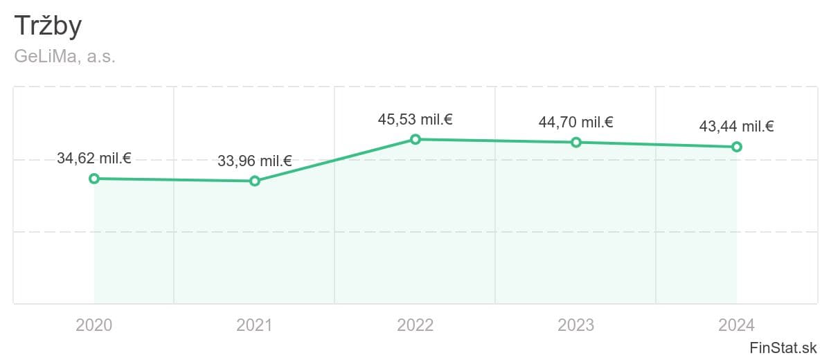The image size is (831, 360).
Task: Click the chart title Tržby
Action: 48,26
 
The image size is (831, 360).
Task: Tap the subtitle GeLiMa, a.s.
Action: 64,57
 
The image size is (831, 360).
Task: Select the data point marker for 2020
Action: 94,179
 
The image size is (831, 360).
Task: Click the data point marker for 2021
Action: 255,181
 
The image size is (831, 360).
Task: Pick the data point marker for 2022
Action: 415,139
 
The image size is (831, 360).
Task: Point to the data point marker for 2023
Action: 576,142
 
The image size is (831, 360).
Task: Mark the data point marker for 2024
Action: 737,147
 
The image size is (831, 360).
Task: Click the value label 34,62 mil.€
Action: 94,158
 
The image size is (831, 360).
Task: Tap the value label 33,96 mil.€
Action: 255,161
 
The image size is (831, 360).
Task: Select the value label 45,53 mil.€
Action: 415,119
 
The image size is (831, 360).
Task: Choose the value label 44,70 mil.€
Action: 576,122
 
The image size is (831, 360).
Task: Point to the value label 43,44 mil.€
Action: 737,126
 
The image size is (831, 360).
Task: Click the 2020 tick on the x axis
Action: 94,324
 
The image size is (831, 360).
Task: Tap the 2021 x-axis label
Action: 255,324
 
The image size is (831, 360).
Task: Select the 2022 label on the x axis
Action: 415,324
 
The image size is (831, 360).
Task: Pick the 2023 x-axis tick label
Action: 576,324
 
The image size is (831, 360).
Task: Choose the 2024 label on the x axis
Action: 737,324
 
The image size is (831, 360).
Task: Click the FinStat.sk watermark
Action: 783,347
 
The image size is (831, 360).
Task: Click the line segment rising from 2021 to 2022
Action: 335,160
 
